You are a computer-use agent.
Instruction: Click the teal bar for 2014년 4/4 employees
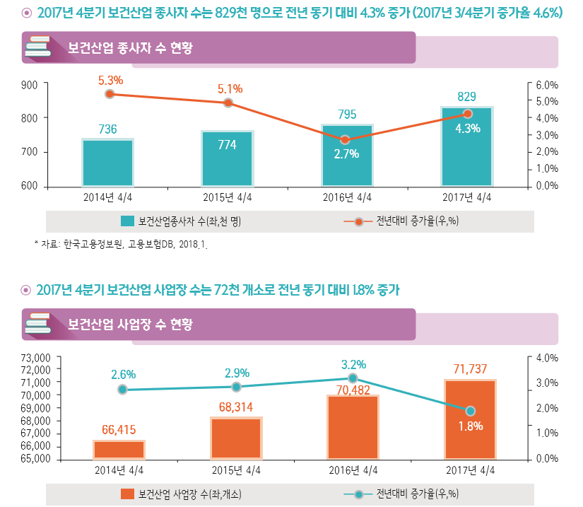click(x=107, y=163)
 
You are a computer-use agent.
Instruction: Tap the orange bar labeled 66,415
click(x=119, y=450)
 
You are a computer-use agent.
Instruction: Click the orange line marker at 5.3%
click(x=110, y=94)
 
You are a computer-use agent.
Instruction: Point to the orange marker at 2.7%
click(x=345, y=140)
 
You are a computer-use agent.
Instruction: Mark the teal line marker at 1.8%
click(x=471, y=411)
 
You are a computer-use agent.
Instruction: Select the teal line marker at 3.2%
click(x=353, y=378)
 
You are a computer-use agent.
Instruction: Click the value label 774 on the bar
click(x=227, y=145)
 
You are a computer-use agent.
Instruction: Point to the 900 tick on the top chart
click(x=29, y=85)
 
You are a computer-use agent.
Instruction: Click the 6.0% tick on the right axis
click(x=547, y=85)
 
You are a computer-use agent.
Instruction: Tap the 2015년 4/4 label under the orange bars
click(x=237, y=470)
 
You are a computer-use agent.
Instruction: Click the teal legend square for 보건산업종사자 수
click(x=127, y=221)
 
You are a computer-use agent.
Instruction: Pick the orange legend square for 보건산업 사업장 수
click(x=127, y=493)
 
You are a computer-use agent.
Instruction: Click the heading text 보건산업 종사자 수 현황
click(x=130, y=49)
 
